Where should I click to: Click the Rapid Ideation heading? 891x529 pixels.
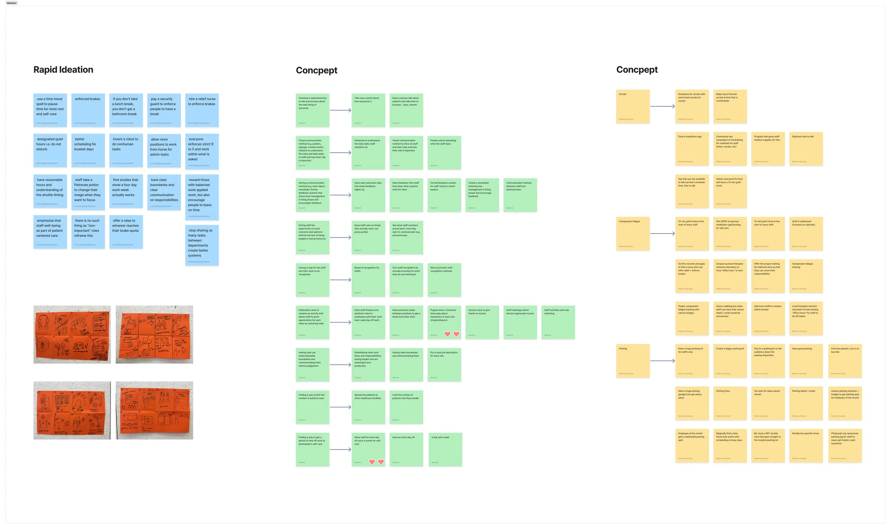pyautogui.click(x=63, y=69)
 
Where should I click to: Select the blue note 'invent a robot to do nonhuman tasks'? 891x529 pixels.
pyautogui.click(x=126, y=150)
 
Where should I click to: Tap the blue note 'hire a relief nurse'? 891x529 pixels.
pyautogui.click(x=202, y=110)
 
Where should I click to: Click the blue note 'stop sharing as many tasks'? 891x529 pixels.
pyautogui.click(x=202, y=245)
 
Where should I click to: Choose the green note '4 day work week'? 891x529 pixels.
pyautogui.click(x=444, y=449)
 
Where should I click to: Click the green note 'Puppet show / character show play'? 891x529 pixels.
pyautogui.click(x=444, y=322)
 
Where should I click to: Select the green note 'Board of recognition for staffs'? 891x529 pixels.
pyautogui.click(x=368, y=280)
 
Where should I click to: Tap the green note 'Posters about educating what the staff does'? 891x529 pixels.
pyautogui.click(x=444, y=152)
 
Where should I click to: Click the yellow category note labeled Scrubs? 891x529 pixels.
pyautogui.click(x=633, y=106)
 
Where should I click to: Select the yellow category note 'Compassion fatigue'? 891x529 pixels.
pyautogui.click(x=633, y=233)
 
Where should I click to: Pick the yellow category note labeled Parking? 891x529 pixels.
pyautogui.click(x=633, y=361)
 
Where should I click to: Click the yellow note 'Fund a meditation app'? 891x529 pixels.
pyautogui.click(x=692, y=149)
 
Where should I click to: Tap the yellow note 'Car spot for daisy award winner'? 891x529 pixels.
pyautogui.click(x=768, y=403)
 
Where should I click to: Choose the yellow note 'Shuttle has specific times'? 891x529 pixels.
pyautogui.click(x=806, y=446)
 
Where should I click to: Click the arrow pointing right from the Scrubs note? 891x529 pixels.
pyautogui.click(x=662, y=106)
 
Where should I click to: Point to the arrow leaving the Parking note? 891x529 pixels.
pyautogui.click(x=662, y=361)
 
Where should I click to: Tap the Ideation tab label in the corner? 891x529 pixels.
pyautogui.click(x=11, y=3)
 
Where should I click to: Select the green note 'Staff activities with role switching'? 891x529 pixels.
pyautogui.click(x=558, y=322)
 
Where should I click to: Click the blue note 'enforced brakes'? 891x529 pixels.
pyautogui.click(x=88, y=110)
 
